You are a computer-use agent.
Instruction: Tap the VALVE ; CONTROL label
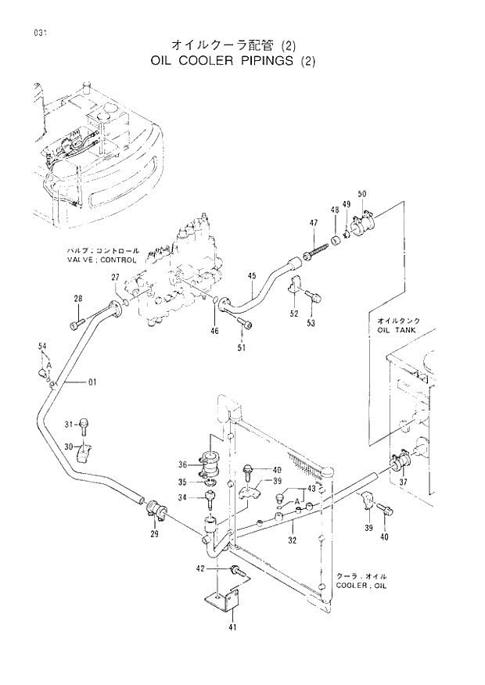click(102, 259)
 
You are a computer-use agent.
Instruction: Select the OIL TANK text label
click(397, 330)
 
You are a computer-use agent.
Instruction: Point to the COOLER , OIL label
click(361, 585)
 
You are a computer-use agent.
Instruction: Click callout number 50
click(362, 194)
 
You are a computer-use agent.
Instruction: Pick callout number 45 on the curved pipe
click(252, 275)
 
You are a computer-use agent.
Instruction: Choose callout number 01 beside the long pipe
click(92, 382)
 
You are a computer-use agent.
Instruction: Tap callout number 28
click(78, 299)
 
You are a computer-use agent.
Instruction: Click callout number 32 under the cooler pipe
click(291, 540)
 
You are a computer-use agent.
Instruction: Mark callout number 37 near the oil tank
click(404, 482)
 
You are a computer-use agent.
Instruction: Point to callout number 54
click(42, 346)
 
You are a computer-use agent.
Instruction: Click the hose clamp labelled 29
click(153, 511)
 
